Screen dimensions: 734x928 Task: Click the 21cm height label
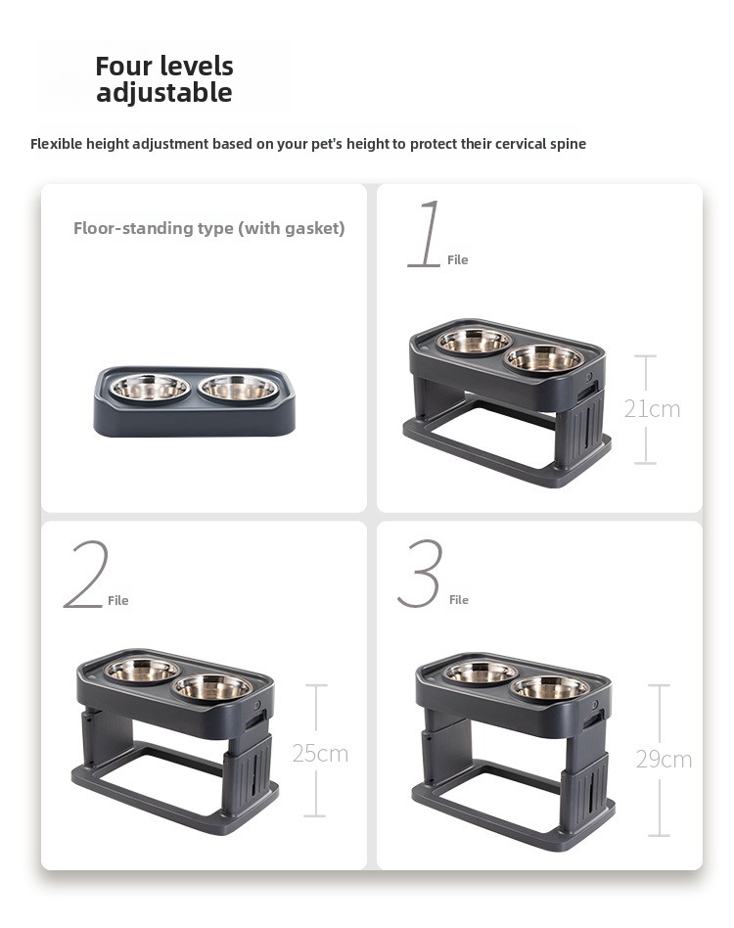coord(652,409)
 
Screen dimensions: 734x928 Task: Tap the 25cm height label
coord(320,754)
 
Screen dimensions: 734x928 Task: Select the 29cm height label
coord(664,760)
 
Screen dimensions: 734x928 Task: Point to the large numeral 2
coord(86,574)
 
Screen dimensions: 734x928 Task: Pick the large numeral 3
coord(421,573)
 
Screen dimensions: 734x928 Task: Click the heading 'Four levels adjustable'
coord(164,78)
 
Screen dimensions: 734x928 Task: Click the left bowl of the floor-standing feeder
coord(151,388)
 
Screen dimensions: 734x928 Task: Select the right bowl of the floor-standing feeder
coord(238,388)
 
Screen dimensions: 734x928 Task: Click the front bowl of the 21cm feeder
coord(544,358)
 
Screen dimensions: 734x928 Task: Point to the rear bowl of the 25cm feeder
coord(142,670)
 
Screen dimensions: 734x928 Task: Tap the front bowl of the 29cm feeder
coord(550,688)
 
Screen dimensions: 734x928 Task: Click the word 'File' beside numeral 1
coord(457,259)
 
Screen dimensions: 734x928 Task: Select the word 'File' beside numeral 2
coord(117,601)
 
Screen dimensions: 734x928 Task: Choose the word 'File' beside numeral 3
coord(458,600)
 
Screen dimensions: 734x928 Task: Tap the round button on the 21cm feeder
coord(588,377)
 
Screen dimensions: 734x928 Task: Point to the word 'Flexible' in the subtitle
coord(57,144)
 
